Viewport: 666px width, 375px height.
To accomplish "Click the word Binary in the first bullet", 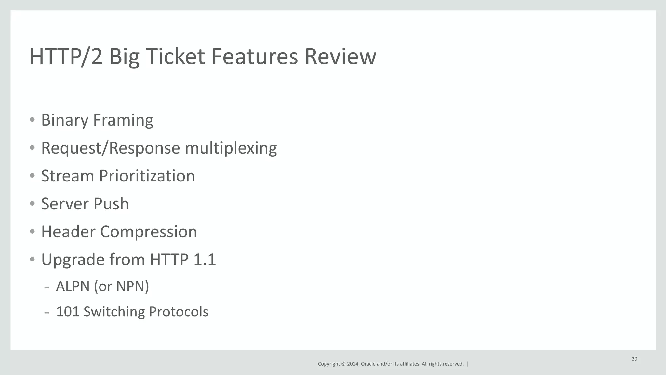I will click(64, 120).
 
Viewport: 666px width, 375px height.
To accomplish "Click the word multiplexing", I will click(231, 148).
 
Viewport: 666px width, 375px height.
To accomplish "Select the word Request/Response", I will click(110, 148).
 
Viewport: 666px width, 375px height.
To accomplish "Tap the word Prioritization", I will click(147, 176).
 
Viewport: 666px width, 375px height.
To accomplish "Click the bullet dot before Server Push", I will click(32, 204).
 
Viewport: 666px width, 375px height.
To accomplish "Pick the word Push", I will click(111, 204).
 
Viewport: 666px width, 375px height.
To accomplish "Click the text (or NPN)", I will click(121, 286).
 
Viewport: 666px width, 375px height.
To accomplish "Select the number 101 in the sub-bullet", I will click(68, 312).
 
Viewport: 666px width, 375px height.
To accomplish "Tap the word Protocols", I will click(179, 312).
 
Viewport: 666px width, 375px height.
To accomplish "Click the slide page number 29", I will click(634, 359).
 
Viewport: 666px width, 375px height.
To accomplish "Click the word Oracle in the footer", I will click(368, 364).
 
